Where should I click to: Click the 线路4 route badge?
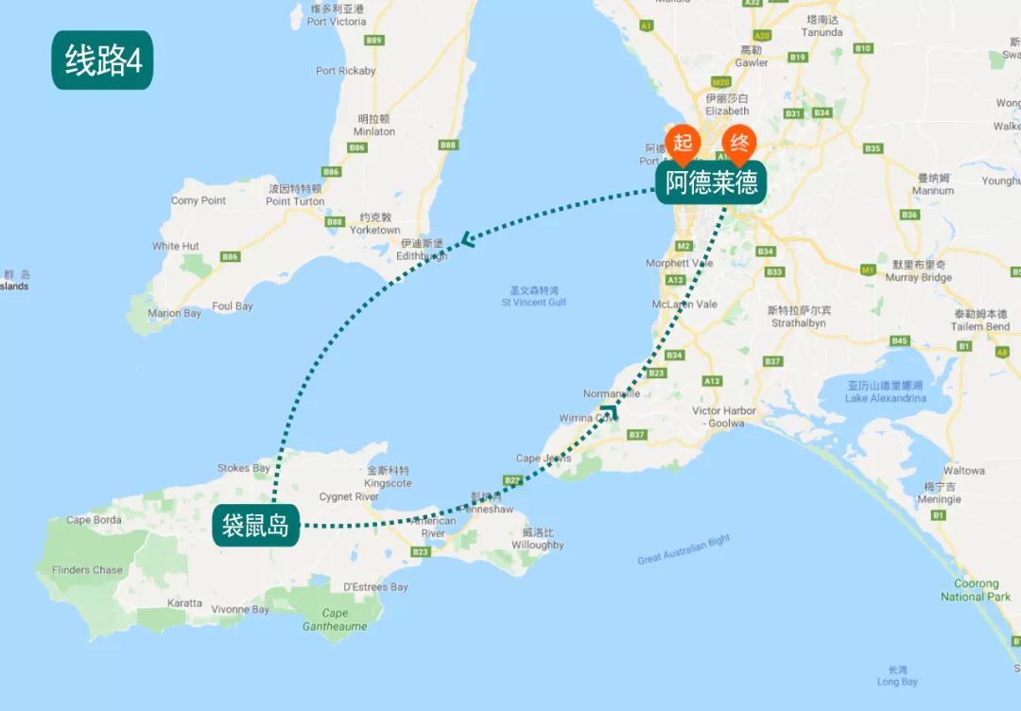click(102, 61)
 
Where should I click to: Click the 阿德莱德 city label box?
click(711, 182)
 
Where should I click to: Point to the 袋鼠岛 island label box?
click(255, 526)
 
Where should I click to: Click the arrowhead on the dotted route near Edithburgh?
click(467, 240)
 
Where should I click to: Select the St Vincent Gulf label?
click(534, 297)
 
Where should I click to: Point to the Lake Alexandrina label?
click(885, 392)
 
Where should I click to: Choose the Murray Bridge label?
click(918, 271)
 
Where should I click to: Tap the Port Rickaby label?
click(345, 71)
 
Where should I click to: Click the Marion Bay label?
click(174, 314)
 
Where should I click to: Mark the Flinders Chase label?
click(87, 570)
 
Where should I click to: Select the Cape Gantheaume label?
click(335, 619)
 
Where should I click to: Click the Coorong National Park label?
click(976, 590)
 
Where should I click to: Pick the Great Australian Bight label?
click(684, 549)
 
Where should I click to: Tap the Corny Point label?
click(199, 200)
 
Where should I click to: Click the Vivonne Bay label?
click(241, 610)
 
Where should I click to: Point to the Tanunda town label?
click(823, 26)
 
